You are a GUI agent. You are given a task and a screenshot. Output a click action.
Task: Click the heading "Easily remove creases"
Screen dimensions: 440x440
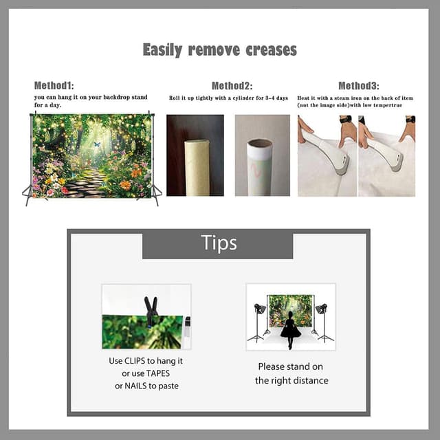(219, 49)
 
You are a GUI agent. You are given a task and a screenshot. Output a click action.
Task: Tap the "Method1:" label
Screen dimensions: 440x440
(54, 86)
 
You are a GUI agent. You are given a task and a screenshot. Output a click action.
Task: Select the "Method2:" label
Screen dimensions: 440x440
(232, 86)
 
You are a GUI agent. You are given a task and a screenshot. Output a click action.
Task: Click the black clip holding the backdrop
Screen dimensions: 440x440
(151, 310)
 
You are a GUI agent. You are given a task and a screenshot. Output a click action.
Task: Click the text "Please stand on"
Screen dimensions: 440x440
(291, 366)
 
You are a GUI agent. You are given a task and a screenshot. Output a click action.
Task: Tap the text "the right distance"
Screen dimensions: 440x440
(291, 380)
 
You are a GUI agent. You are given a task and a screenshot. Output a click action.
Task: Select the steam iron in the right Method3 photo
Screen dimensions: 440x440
(388, 152)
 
